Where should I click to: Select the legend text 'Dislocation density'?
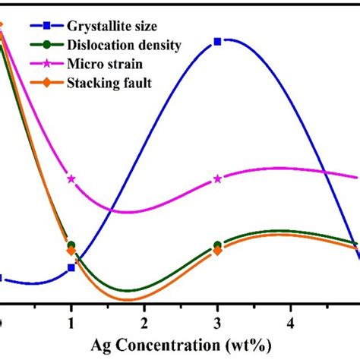(x=122, y=46)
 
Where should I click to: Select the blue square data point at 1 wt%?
(x=71, y=267)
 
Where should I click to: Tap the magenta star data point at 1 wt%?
(x=71, y=179)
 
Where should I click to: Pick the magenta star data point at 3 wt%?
(x=218, y=179)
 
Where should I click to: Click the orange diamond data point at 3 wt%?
(x=218, y=251)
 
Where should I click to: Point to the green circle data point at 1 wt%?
(x=71, y=245)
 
